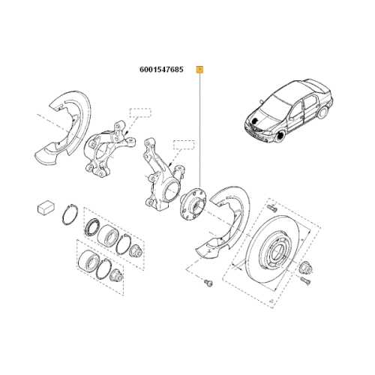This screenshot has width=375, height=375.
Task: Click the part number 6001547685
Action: (x=161, y=70)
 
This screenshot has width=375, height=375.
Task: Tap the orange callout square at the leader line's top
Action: (x=199, y=70)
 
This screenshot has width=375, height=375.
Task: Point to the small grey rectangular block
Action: (x=46, y=208)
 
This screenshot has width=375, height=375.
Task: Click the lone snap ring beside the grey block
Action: (x=70, y=214)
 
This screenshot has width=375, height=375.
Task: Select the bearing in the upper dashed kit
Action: (x=108, y=235)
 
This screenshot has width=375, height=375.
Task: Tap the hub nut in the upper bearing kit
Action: (x=135, y=251)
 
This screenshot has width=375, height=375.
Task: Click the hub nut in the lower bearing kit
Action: (x=116, y=275)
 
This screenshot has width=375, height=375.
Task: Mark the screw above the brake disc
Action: (x=271, y=208)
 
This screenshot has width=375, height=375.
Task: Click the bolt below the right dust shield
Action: (x=208, y=283)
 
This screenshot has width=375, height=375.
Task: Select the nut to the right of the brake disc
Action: (x=305, y=268)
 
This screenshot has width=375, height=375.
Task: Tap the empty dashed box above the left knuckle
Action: (x=140, y=112)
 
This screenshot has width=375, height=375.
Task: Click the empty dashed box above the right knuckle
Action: (x=184, y=145)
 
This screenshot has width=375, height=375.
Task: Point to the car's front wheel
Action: (x=280, y=136)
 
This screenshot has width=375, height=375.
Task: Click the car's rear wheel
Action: (x=322, y=112)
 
